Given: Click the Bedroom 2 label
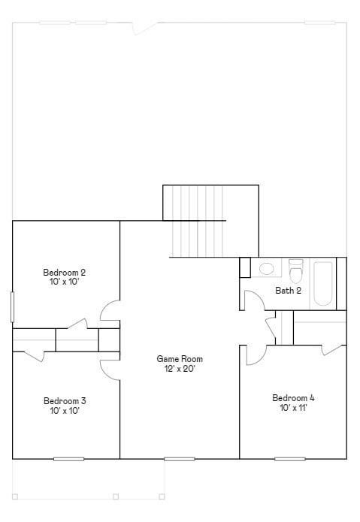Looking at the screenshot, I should [64, 272].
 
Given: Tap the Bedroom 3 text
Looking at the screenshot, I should [64, 400].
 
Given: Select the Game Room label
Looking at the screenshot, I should [180, 359].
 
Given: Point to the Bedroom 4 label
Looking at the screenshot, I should [293, 397].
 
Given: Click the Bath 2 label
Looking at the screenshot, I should [288, 291].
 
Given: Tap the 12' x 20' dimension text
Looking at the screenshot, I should [180, 369].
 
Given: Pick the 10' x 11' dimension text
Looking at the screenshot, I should [293, 408].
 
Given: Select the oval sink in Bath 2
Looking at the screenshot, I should [267, 268].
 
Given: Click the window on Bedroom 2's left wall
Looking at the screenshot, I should [12, 307].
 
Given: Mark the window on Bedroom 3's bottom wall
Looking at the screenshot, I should [68, 458].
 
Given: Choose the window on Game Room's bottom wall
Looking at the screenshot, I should [179, 458].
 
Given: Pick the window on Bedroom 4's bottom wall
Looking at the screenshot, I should [290, 458].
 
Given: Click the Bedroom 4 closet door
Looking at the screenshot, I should [331, 349].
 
